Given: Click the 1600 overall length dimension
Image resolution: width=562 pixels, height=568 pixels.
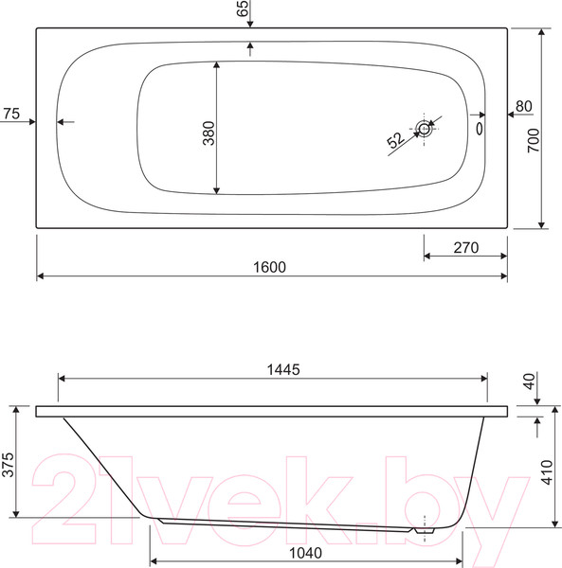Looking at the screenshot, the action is (x=269, y=267).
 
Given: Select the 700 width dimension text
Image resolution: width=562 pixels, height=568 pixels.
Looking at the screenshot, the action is (x=534, y=140).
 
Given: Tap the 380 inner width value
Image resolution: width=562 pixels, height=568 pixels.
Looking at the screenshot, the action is (x=208, y=133).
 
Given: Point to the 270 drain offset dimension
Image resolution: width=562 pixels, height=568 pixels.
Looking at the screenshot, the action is (x=466, y=248).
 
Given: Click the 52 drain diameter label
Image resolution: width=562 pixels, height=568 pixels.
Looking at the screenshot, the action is (x=395, y=140).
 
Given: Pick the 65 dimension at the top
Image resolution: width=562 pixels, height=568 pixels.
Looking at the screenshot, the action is (x=243, y=8).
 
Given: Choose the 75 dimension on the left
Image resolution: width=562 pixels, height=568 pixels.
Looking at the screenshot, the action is (x=11, y=114).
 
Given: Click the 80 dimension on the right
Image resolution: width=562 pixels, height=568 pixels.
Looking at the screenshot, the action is (x=523, y=106).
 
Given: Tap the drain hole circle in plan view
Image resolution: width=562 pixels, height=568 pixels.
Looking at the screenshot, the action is (x=424, y=129).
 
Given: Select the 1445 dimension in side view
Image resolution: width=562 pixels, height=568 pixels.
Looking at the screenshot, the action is (x=283, y=370).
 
